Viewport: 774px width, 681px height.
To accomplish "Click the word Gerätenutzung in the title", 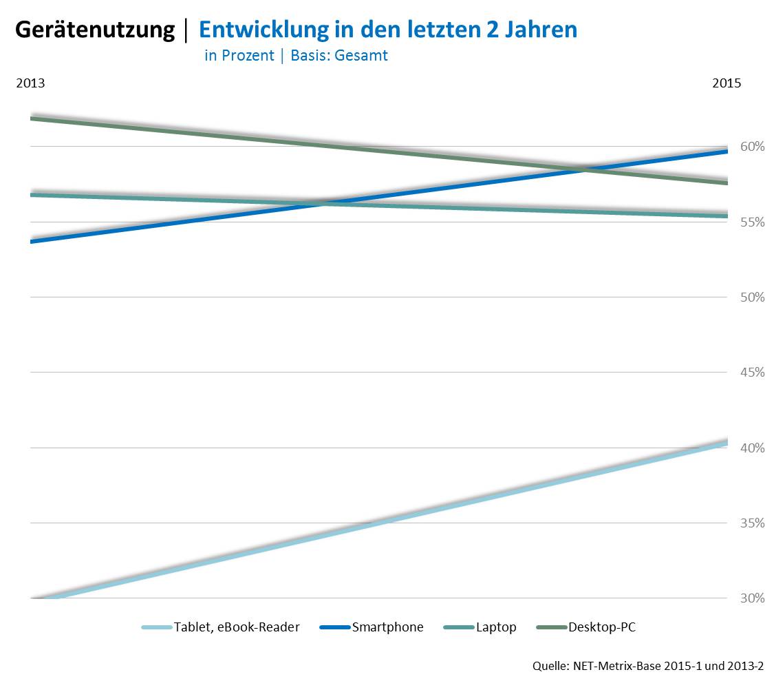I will coord(95,30).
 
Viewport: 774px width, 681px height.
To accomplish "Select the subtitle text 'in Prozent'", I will coord(239,56).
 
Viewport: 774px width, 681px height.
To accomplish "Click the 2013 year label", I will coord(30,83).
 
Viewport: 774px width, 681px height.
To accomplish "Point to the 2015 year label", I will coord(727,83).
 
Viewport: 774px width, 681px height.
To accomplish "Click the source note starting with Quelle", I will coord(647,667).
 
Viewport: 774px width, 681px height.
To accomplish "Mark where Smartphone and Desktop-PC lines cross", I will coord(585,169).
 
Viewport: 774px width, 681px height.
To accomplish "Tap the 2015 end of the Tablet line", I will coord(727,443).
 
